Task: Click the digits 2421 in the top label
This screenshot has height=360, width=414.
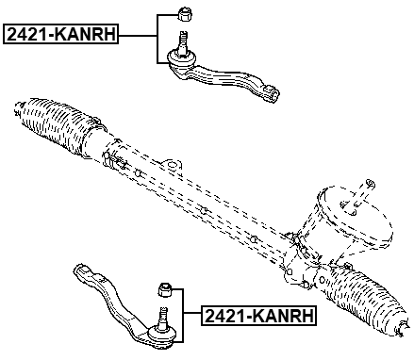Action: [28, 35]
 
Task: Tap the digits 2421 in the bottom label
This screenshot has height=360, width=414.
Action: [224, 316]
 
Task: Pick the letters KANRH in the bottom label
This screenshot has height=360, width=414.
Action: [288, 316]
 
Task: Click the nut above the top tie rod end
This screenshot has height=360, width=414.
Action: [186, 13]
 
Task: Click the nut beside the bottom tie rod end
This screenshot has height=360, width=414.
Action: [163, 288]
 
